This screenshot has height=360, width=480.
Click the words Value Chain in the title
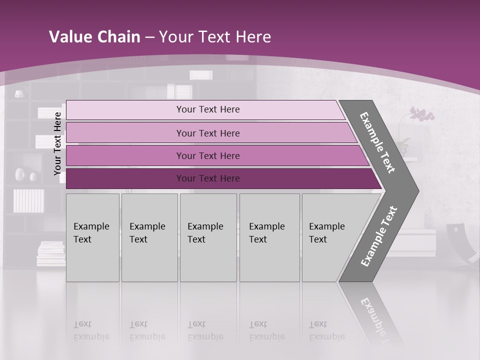(94, 37)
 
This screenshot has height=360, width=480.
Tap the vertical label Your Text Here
(57, 143)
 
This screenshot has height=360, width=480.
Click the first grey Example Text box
(92, 237)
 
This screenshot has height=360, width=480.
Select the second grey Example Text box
(149, 237)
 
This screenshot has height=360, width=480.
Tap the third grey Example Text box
(208, 237)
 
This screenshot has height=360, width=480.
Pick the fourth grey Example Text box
(269, 237)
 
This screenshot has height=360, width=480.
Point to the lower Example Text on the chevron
(378, 236)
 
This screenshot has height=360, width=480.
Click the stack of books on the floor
(50, 253)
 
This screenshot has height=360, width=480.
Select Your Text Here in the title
(215, 37)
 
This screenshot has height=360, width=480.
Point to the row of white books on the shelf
(28, 200)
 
